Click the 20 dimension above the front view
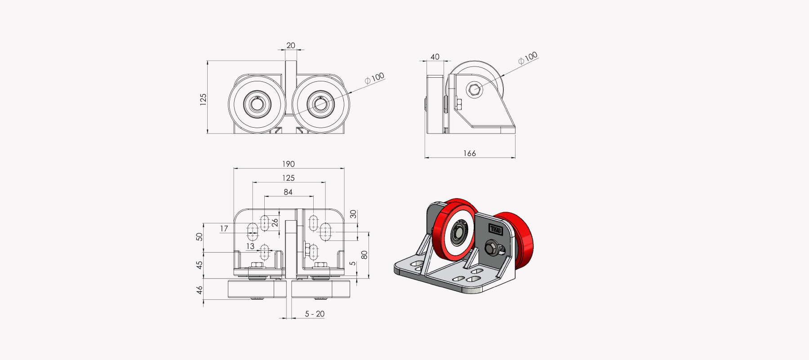click(291, 45)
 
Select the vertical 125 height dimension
click(203, 99)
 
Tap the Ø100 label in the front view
click(374, 78)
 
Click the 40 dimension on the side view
click(435, 57)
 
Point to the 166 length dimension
click(469, 153)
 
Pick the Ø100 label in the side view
click(528, 58)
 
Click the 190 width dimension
click(288, 164)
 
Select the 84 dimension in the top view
click(288, 192)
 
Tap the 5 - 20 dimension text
click(315, 314)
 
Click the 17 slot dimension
click(224, 228)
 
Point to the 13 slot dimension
click(250, 246)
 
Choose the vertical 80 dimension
click(364, 255)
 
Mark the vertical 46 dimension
click(200, 290)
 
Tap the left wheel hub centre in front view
click(257, 104)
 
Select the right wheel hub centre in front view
click(320, 104)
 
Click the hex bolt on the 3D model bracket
click(493, 249)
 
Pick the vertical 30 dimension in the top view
click(353, 214)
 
